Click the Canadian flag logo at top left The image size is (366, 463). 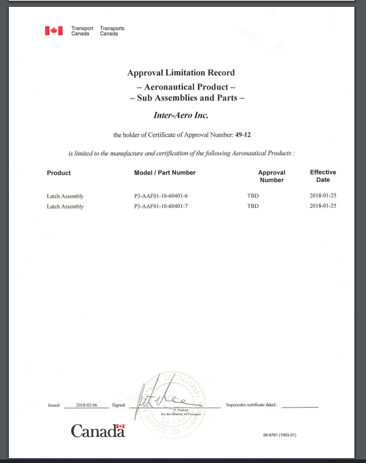pos(53,31)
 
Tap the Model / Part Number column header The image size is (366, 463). pos(166,173)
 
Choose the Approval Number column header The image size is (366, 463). pos(272,176)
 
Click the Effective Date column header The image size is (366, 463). pos(323,176)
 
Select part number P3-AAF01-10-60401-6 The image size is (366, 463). pos(161,196)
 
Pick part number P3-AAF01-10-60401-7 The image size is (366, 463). pos(161,206)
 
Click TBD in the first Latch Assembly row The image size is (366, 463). pos(252,196)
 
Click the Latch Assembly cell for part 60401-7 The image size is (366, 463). pos(65,206)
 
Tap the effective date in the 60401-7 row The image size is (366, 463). pos(322,206)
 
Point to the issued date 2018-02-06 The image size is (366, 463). pos(88,406)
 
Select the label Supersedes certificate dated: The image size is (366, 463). pos(250,406)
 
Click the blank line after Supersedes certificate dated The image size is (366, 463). pos(300,406)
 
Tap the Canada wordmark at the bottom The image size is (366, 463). pos(98,431)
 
